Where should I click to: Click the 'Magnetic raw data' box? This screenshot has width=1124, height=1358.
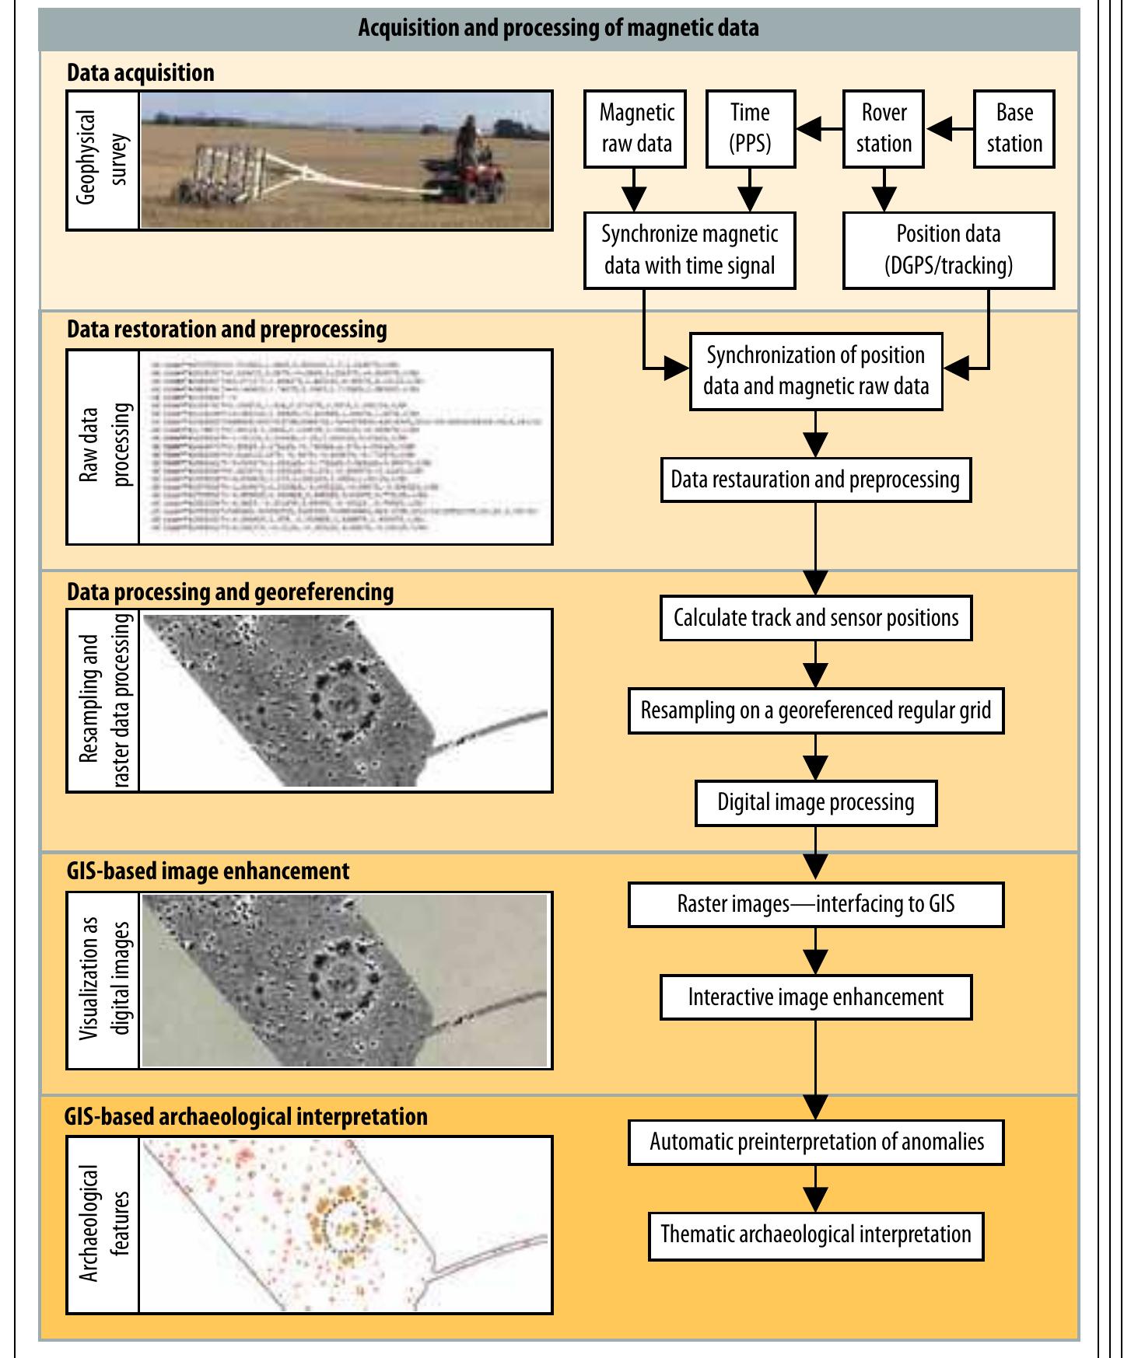click(x=636, y=128)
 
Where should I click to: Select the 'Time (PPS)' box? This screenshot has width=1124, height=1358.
click(x=750, y=128)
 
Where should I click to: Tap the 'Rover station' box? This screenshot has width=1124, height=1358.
click(x=884, y=128)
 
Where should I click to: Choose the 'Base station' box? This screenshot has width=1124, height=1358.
click(x=1014, y=128)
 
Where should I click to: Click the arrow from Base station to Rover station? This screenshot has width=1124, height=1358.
click(x=949, y=129)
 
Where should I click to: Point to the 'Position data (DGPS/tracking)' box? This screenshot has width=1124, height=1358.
click(x=949, y=250)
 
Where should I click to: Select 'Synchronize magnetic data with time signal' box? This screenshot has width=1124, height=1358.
click(x=689, y=250)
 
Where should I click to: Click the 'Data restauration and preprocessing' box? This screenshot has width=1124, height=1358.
click(x=815, y=480)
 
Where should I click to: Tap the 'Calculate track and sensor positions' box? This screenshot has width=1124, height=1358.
click(x=815, y=619)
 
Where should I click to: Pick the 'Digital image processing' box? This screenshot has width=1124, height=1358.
click(x=815, y=803)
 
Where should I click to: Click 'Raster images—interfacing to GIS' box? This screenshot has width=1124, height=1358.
click(x=815, y=905)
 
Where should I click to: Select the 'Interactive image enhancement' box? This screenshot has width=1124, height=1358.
click(x=815, y=997)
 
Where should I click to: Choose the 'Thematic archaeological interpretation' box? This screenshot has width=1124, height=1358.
click(x=815, y=1235)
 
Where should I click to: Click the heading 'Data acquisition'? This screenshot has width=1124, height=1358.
click(x=140, y=73)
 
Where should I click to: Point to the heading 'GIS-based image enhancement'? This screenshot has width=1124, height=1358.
click(x=208, y=871)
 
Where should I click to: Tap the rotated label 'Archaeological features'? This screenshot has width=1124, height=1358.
click(x=103, y=1224)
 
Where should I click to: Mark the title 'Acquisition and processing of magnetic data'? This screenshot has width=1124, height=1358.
click(x=558, y=29)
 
